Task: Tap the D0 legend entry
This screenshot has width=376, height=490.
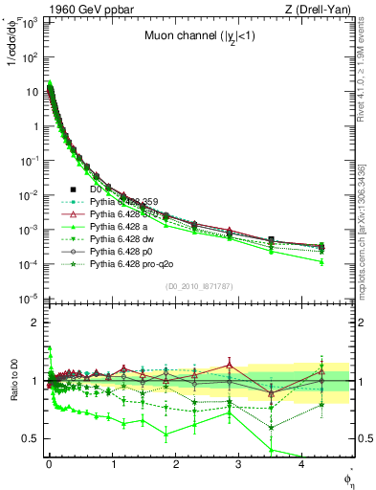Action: tap(97, 189)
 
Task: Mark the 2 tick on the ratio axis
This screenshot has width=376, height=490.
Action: tap(36, 323)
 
